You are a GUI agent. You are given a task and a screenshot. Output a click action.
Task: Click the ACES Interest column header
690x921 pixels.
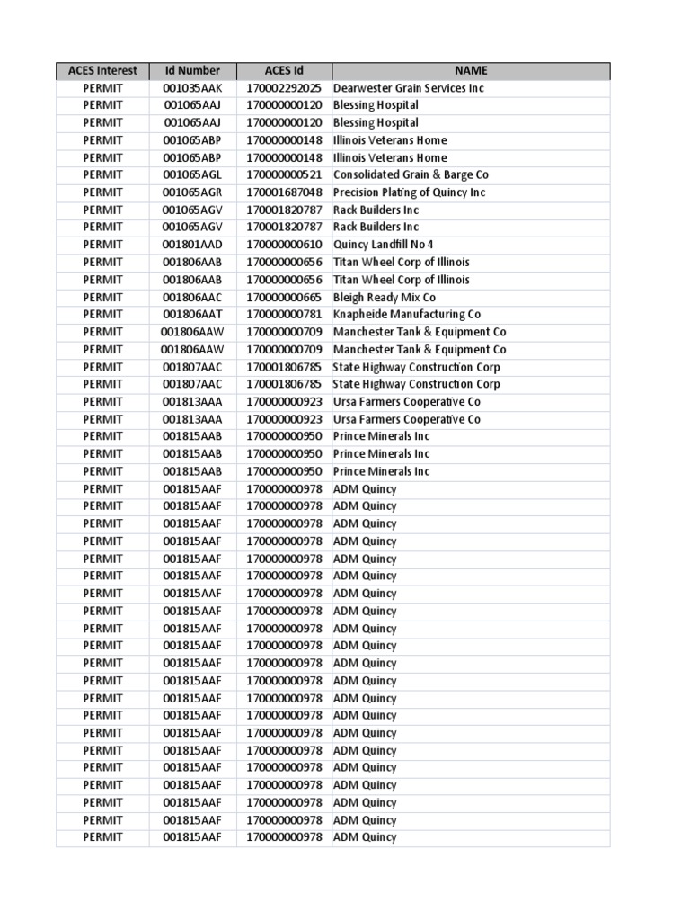click(x=102, y=71)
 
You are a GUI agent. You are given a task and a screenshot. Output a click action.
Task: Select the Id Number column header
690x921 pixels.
click(x=192, y=71)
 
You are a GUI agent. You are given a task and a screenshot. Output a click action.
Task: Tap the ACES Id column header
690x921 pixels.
click(x=284, y=71)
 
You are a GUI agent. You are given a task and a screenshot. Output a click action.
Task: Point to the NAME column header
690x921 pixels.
click(x=471, y=71)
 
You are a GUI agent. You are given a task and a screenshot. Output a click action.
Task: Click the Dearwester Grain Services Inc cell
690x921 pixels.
click(x=409, y=88)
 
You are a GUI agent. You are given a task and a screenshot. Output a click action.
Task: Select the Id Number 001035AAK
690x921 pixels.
click(x=192, y=88)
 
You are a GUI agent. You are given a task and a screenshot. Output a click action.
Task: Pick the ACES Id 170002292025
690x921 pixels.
click(x=284, y=88)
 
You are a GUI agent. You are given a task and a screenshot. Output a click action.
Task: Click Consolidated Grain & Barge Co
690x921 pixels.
click(x=411, y=175)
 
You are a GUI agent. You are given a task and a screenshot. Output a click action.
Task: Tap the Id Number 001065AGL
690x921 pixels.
click(x=192, y=175)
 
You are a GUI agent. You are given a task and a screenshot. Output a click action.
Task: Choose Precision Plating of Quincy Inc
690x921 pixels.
click(x=409, y=192)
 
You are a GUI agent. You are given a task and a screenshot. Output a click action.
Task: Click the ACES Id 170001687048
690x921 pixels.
click(x=284, y=192)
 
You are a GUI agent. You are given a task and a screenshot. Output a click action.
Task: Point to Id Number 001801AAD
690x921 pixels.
click(x=192, y=245)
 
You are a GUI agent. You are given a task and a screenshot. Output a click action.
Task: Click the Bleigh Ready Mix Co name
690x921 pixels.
click(x=385, y=297)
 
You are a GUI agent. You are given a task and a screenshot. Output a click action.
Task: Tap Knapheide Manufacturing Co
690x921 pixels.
click(x=407, y=315)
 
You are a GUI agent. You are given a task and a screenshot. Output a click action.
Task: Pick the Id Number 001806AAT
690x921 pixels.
click(x=192, y=315)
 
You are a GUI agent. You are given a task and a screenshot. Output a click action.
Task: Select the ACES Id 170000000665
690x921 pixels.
click(x=284, y=297)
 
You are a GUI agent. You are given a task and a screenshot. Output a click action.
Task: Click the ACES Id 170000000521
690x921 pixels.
click(x=284, y=175)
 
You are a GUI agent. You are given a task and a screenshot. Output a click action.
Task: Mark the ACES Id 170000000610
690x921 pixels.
click(x=284, y=245)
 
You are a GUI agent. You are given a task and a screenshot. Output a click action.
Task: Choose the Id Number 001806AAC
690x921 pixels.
click(x=192, y=297)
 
